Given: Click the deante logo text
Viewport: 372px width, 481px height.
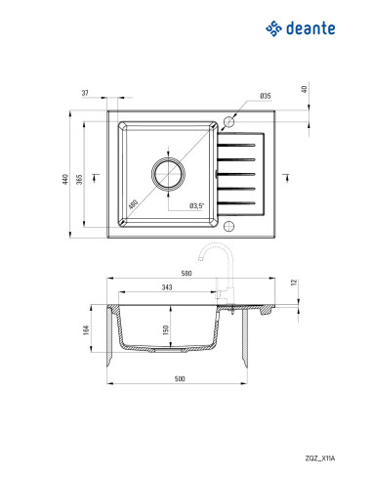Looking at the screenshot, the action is click(310, 28).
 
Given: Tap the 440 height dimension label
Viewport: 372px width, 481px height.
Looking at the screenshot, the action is click(65, 179).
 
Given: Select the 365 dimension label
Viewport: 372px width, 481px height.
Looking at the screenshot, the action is click(80, 179).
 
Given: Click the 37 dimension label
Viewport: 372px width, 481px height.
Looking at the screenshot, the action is click(85, 93).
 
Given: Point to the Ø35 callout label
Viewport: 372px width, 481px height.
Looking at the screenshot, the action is click(266, 96).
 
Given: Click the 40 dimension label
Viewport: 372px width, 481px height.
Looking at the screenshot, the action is click(305, 89).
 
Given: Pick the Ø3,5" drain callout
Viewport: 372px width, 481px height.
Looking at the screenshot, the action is click(196, 205).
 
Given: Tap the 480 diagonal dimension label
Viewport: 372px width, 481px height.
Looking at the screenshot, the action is click(133, 204).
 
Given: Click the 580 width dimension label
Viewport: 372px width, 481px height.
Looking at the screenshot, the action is click(186, 273).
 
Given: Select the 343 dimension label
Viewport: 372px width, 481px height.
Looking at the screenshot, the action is click(167, 287).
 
